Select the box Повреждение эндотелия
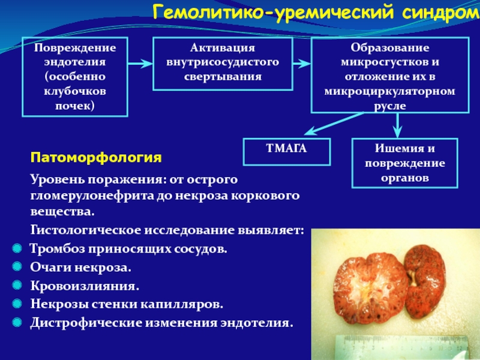coord(75,76)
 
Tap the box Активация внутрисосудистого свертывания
coord(223,62)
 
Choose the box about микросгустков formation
coord(389,74)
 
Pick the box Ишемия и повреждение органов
coord(405,163)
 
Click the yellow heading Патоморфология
coord(96,158)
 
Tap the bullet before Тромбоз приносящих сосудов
coord(17,249)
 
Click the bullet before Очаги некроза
coord(17,268)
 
